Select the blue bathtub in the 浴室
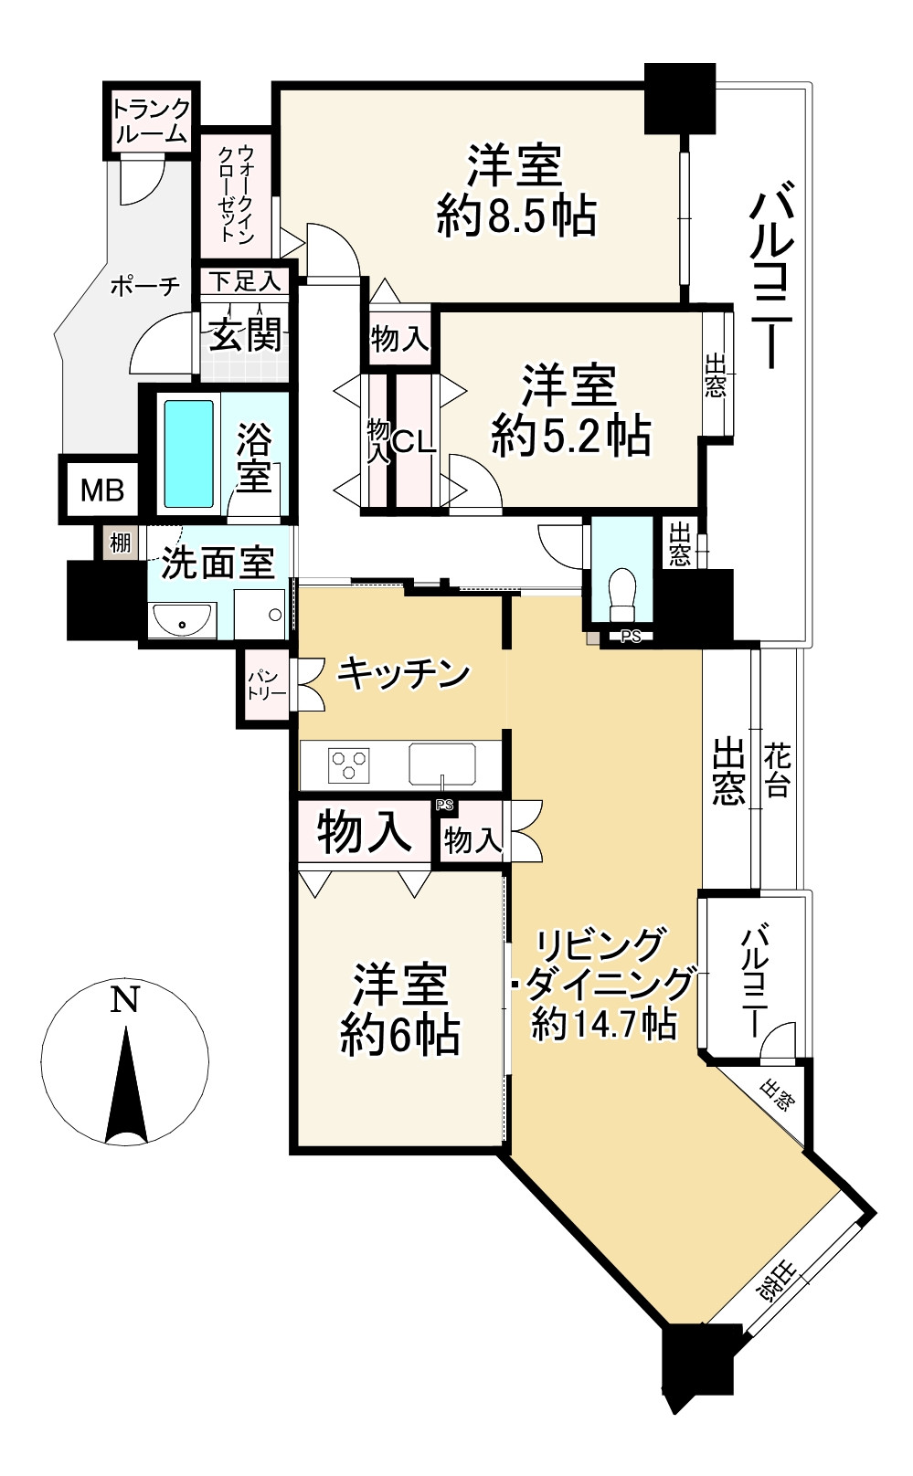(x=188, y=454)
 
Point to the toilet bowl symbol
(x=621, y=593)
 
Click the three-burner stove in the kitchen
(x=349, y=765)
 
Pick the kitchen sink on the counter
(x=441, y=764)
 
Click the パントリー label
(x=266, y=685)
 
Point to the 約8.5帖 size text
(x=516, y=216)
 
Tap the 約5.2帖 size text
(x=571, y=436)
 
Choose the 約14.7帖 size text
(x=604, y=1023)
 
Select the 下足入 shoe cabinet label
(x=245, y=282)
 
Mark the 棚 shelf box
(x=120, y=543)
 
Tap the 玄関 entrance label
(x=245, y=334)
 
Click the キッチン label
(x=403, y=673)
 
